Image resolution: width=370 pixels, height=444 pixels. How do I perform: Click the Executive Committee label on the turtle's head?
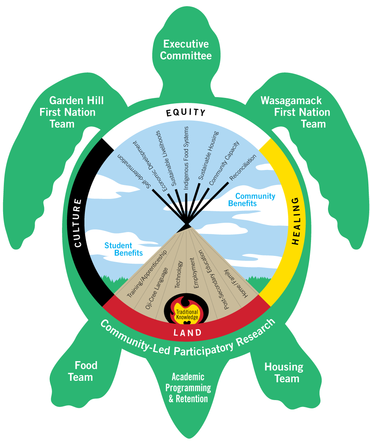pyautogui.click(x=186, y=50)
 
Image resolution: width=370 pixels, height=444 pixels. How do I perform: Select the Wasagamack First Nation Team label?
pyautogui.click(x=296, y=112)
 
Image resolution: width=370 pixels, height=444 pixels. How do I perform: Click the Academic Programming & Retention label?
pyautogui.click(x=189, y=388)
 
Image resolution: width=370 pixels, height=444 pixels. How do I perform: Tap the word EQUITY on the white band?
pyautogui.click(x=186, y=113)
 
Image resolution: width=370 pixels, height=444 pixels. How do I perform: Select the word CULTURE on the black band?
pyautogui.click(x=78, y=223)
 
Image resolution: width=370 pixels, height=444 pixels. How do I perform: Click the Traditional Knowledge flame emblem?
pyautogui.click(x=187, y=310)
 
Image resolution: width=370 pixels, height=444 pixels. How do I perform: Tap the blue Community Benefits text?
pyautogui.click(x=251, y=200)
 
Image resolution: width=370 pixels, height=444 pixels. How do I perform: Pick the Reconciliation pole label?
pyautogui.click(x=242, y=167)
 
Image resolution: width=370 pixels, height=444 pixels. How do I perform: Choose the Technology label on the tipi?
pyautogui.click(x=178, y=274)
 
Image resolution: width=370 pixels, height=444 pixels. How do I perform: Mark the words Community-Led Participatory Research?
pyautogui.click(x=188, y=339)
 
